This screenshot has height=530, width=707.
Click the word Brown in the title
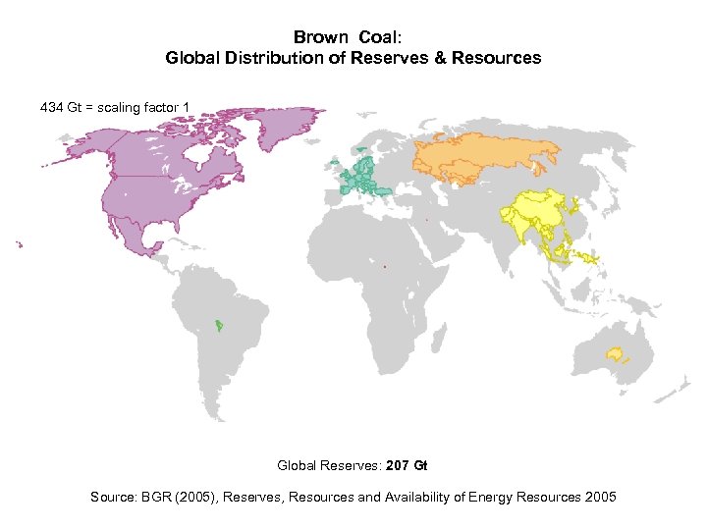pos(320,37)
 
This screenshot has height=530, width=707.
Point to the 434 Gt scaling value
pos(59,106)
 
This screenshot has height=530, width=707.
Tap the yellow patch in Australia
pos(616,353)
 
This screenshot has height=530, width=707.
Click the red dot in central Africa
pos(385,266)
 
